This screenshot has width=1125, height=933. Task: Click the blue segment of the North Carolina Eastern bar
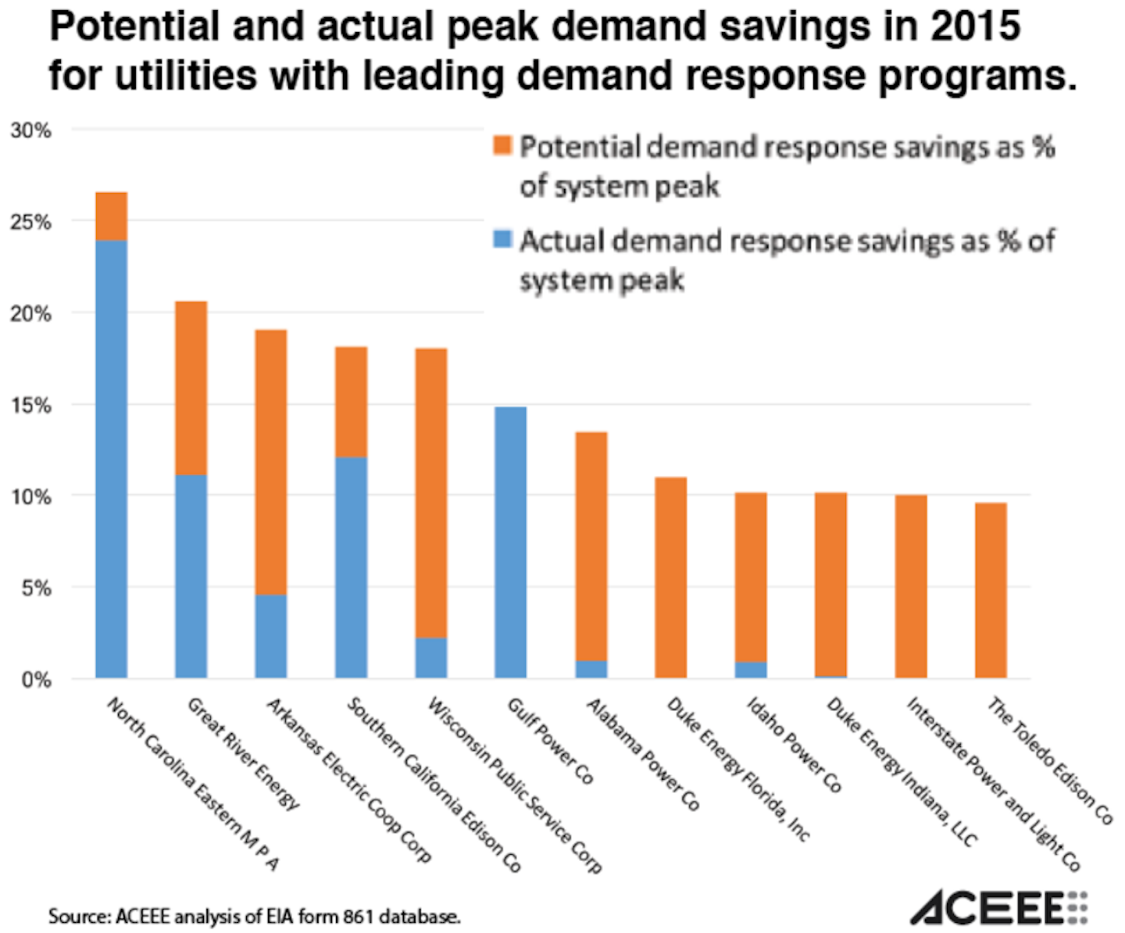click(112, 459)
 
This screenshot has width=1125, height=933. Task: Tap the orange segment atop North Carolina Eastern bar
click(112, 216)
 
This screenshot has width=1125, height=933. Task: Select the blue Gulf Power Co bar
click(511, 542)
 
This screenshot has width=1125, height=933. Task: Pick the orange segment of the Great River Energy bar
click(191, 388)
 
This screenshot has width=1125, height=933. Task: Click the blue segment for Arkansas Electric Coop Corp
click(271, 636)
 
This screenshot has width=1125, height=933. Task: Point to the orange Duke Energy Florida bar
click(671, 577)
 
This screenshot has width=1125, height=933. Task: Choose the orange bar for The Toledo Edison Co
click(991, 590)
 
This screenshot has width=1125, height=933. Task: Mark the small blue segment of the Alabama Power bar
click(591, 670)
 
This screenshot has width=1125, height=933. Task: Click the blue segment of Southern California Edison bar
click(352, 567)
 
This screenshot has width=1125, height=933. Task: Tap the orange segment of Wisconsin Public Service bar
click(431, 493)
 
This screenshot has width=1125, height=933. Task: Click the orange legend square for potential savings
click(502, 145)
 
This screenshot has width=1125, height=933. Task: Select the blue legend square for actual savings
click(502, 239)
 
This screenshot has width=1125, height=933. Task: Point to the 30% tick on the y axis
click(31, 130)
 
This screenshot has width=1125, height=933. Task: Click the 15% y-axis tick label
click(31, 406)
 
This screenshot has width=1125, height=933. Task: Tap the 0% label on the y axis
click(36, 680)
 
